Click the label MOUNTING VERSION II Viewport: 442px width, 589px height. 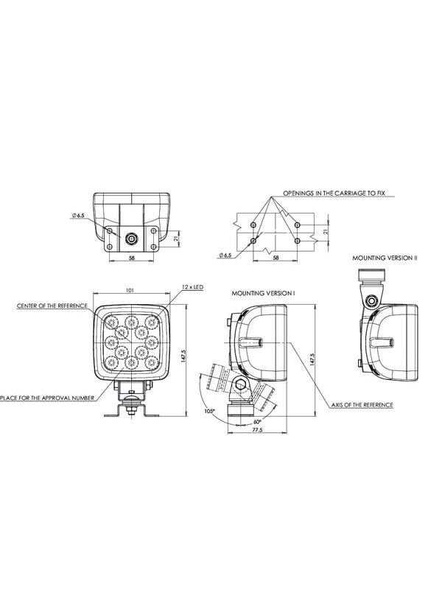385,258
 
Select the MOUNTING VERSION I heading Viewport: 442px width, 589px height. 263,293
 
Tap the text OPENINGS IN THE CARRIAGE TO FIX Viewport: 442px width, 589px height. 334,194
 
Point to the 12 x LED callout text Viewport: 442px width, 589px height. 192,287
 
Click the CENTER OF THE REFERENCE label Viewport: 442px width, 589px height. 52,306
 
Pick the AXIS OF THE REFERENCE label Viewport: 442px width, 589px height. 362,405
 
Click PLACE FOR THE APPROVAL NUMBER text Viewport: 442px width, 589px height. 47,398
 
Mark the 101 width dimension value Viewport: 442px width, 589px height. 130,290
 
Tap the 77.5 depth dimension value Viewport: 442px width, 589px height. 257,430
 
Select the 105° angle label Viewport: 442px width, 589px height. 210,412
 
